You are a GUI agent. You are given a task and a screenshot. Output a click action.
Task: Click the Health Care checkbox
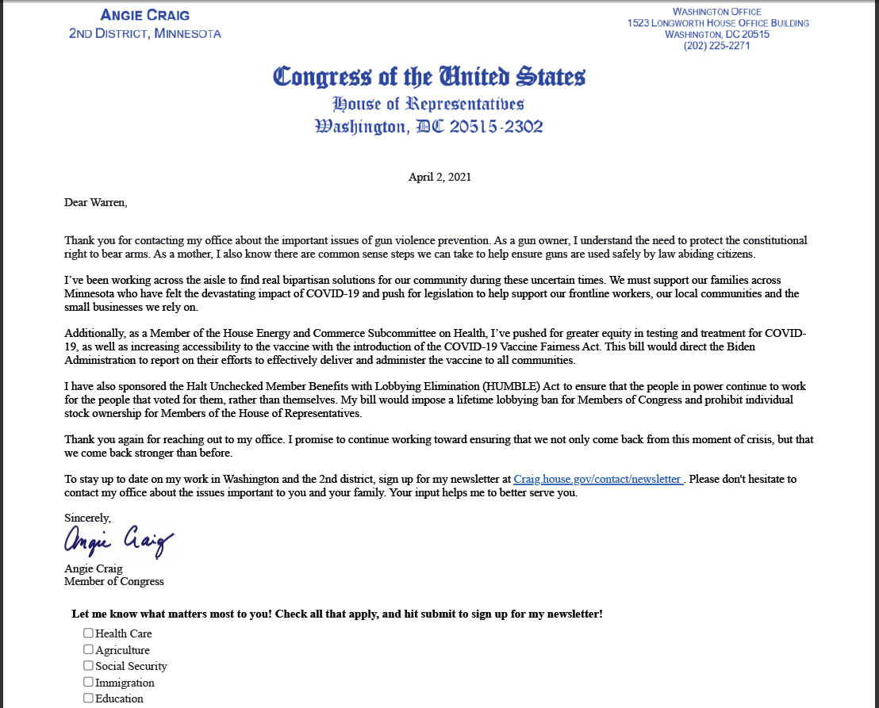89,633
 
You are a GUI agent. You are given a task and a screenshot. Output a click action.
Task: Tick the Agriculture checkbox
89,649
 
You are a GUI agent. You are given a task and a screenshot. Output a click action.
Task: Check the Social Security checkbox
89,666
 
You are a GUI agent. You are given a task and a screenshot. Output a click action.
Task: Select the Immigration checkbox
89,682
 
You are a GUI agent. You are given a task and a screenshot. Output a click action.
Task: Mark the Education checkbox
89,698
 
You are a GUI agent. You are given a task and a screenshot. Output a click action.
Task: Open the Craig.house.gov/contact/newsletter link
598,479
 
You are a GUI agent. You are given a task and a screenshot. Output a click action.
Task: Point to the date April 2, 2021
439,177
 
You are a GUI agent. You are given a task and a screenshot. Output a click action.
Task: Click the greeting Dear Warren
95,202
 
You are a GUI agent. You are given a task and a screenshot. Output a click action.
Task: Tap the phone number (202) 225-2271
717,45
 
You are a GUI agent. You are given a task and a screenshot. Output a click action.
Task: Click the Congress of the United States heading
429,77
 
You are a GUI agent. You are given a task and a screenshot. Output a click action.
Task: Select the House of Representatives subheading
428,104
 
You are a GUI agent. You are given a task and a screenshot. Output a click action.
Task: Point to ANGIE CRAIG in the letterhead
145,16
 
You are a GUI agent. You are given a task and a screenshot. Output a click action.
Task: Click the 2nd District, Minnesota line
145,33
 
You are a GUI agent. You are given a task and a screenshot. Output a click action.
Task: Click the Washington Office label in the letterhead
717,12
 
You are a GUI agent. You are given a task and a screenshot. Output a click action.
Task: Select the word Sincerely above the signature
88,518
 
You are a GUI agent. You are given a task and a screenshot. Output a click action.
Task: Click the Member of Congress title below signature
114,581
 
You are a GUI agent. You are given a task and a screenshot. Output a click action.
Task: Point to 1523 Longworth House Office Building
718,23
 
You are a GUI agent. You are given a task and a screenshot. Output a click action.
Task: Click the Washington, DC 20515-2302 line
429,127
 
